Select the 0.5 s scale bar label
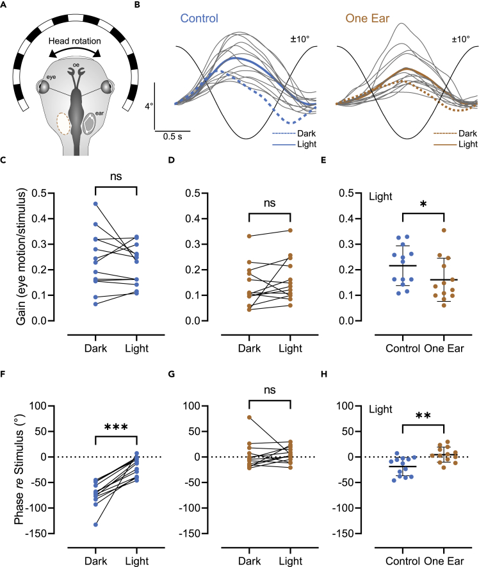168,136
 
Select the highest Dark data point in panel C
96,204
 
